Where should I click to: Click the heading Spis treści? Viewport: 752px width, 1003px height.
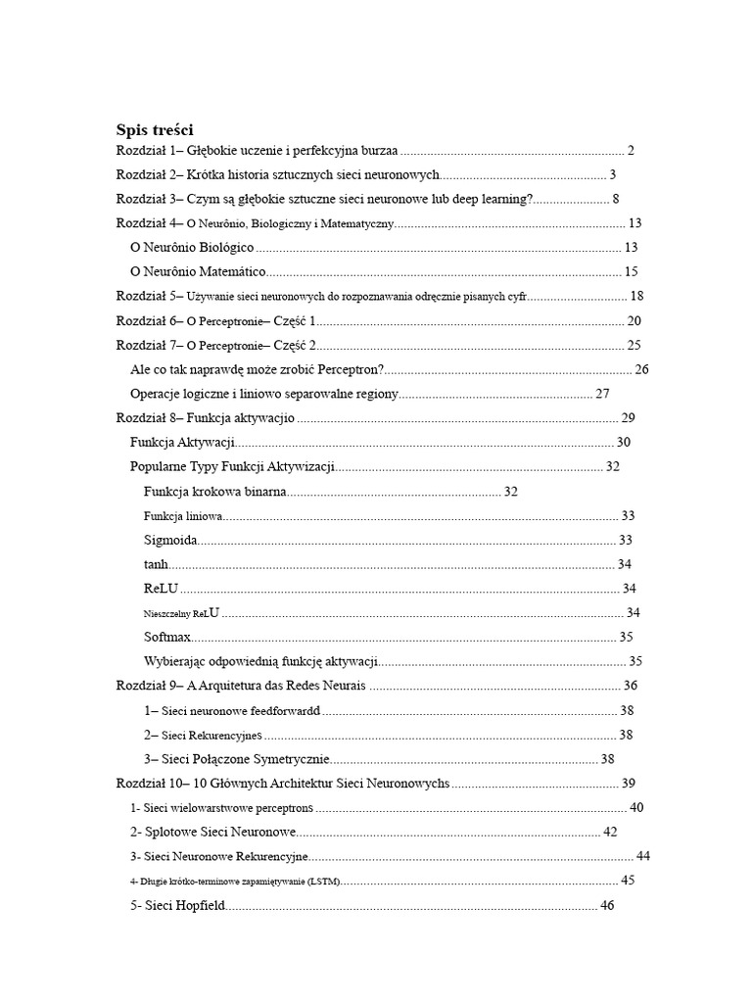point(155,129)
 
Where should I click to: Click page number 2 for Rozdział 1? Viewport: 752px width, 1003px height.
point(632,151)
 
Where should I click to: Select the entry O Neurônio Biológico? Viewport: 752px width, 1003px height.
point(192,248)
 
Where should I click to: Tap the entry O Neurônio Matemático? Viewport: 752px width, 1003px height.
point(198,272)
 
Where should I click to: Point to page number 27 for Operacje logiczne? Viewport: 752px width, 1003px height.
point(602,394)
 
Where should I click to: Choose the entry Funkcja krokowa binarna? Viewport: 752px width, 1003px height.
point(215,491)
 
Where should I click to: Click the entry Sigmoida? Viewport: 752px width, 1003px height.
point(170,540)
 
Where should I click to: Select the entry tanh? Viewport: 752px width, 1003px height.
point(156,564)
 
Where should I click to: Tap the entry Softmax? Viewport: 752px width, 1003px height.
point(167,637)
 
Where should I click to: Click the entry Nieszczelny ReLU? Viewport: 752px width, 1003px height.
point(181,613)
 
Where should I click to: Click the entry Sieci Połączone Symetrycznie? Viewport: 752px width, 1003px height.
point(236,759)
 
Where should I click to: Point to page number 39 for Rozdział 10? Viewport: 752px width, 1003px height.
point(629,783)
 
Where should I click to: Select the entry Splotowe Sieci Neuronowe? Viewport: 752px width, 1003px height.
point(212,832)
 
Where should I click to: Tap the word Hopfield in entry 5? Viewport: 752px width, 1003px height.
point(200,906)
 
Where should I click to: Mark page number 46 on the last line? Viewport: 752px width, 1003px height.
point(606,906)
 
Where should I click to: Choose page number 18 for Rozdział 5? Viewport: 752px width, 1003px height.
point(636,296)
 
